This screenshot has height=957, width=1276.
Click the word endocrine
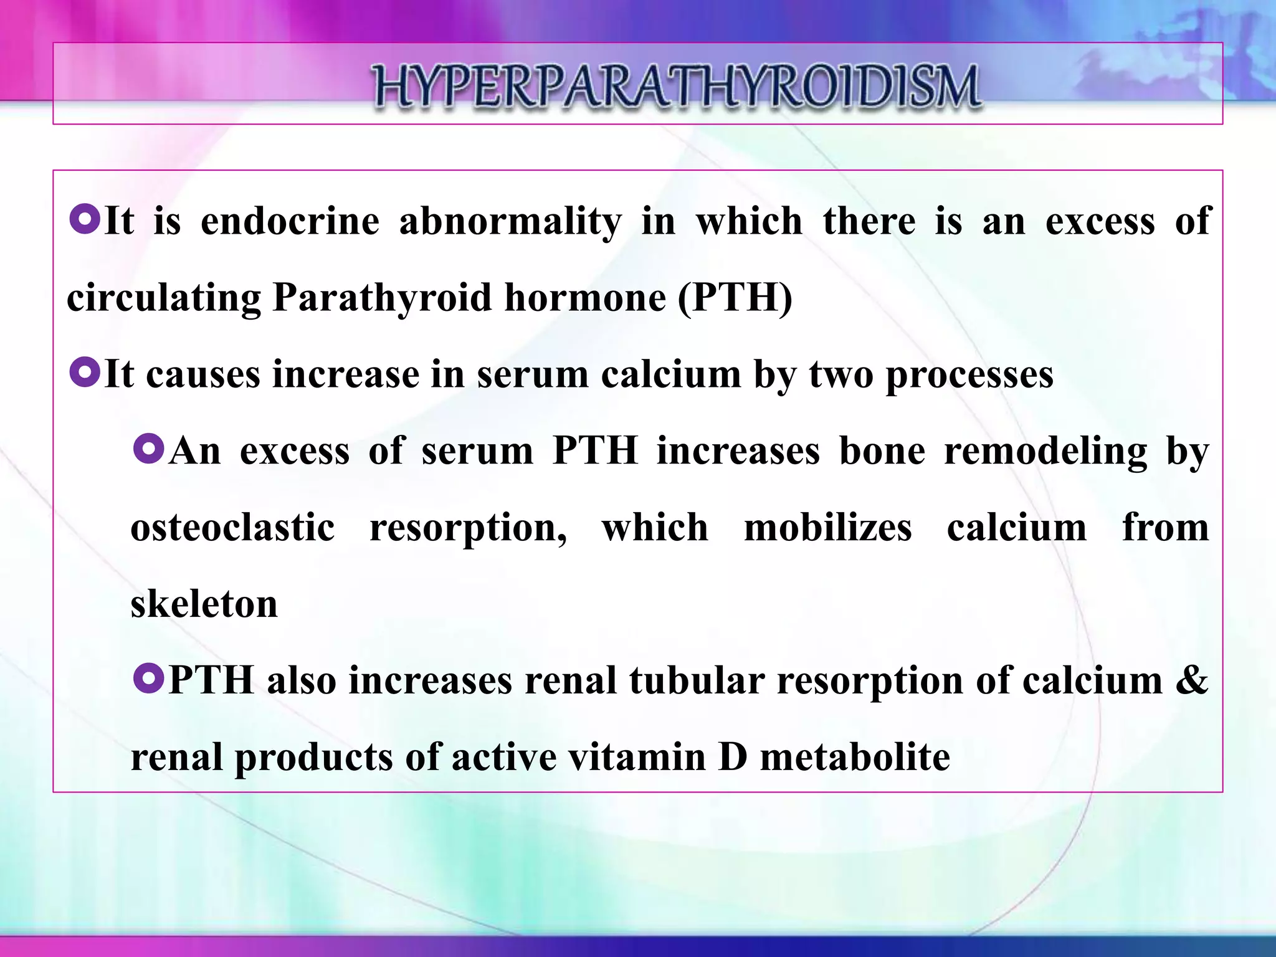pos(290,221)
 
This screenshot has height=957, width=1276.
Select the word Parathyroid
pos(383,298)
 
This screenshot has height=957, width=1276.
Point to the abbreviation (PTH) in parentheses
pos(735,298)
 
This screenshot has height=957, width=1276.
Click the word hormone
pos(585,297)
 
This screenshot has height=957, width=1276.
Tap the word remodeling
pos(1045,452)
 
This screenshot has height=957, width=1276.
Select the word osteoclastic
pos(233,528)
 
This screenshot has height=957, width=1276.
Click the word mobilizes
pos(828,528)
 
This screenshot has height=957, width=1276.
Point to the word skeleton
pos(204,604)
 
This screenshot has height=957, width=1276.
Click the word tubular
pos(697,680)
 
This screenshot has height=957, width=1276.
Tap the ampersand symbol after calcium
pos(1191,680)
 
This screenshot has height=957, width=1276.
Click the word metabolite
pos(855,757)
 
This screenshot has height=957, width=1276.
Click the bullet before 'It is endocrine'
pos(85,221)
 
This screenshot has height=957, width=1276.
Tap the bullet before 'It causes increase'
pos(85,374)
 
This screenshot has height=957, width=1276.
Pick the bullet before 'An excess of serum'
pos(148,450)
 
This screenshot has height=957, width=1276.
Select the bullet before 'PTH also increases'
pos(148,679)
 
